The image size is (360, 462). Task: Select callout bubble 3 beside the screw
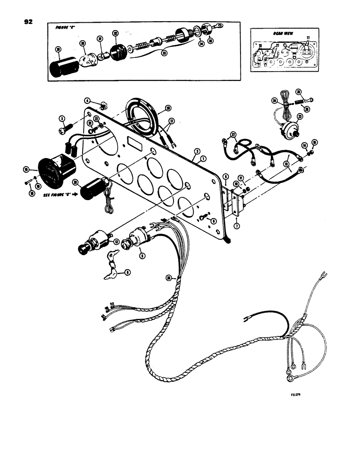click(60, 119)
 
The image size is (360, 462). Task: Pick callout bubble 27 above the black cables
click(234, 135)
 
